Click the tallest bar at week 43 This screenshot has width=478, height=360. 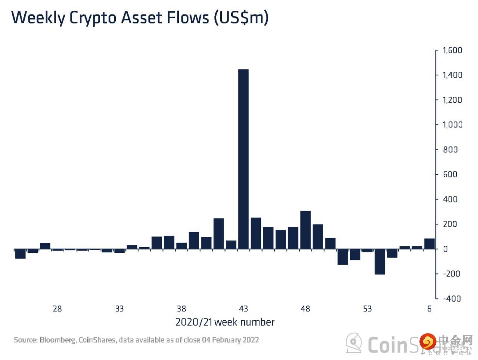(243, 159)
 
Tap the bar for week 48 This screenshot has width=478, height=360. (305, 230)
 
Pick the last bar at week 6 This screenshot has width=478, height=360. (429, 243)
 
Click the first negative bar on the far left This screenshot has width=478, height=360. (20, 254)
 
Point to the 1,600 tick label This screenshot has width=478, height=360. (452, 50)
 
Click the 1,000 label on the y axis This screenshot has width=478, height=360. (452, 125)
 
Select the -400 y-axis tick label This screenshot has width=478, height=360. (451, 298)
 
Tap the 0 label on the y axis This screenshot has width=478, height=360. (445, 249)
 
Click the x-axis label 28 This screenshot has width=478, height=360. (57, 309)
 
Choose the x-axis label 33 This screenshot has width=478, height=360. (119, 309)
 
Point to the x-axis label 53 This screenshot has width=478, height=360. (367, 309)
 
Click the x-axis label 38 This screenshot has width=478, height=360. (181, 309)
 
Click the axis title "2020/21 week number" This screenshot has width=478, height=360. (225, 322)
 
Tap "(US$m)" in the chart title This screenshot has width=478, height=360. (241, 18)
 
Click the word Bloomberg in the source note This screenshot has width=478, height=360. (58, 340)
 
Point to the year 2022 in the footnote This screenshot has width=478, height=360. (250, 340)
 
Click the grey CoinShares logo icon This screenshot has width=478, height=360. (353, 343)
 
